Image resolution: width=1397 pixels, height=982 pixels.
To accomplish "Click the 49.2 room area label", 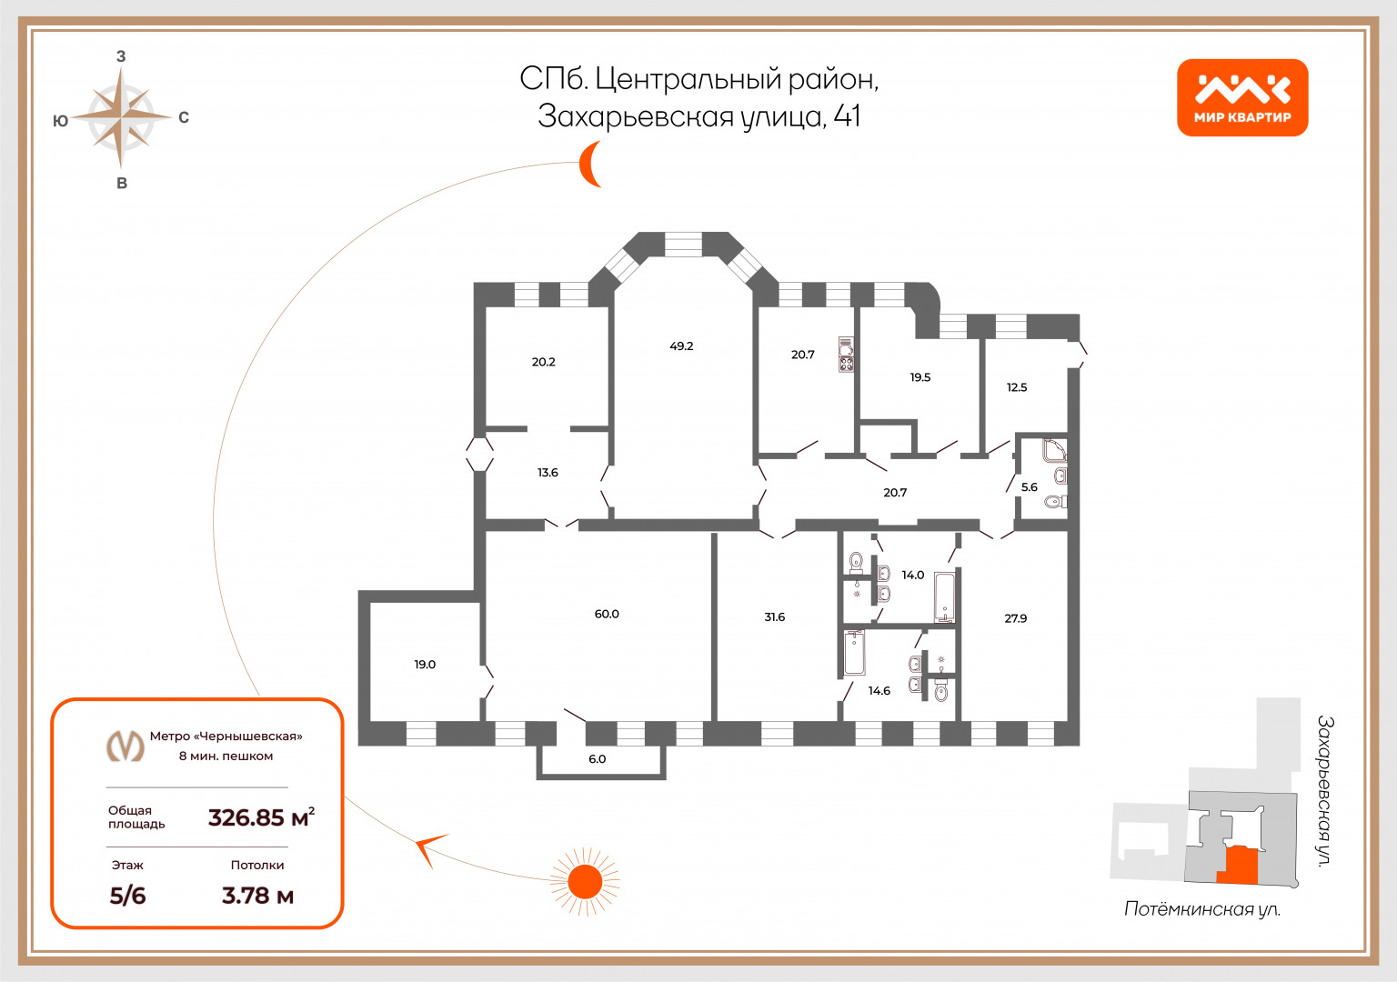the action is click(x=681, y=346).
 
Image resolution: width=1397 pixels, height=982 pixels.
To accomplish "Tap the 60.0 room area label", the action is click(x=607, y=614).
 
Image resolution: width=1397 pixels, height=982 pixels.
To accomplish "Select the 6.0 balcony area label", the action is click(x=597, y=759).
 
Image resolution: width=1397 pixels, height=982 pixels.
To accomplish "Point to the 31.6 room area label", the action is click(x=774, y=617).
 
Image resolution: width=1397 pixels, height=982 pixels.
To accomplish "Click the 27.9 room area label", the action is click(x=1015, y=618).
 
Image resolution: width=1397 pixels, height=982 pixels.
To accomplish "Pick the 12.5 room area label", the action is click(x=1017, y=387).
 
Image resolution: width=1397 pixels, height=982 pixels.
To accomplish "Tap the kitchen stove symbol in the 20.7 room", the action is click(x=847, y=355).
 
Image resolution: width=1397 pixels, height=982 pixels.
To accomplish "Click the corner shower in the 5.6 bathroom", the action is click(x=1055, y=450).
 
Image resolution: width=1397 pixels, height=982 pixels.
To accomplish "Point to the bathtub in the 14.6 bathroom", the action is click(x=854, y=653).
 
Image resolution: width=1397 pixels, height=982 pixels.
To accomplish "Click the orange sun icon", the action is click(x=585, y=882).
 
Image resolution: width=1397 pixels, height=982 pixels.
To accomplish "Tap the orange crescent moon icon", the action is click(x=589, y=164).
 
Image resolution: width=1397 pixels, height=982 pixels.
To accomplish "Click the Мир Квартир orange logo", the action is click(x=1242, y=97).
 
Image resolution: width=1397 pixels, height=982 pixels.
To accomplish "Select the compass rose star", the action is click(x=121, y=116).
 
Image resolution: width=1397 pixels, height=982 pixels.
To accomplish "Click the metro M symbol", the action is click(x=126, y=745).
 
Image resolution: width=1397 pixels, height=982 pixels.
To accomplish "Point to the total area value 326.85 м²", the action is click(x=261, y=817).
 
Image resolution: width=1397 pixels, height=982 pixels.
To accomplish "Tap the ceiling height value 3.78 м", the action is click(x=257, y=896).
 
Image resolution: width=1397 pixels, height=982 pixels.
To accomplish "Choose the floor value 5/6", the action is click(x=127, y=896).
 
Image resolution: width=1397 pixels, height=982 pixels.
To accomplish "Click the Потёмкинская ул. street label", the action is click(x=1202, y=909).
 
